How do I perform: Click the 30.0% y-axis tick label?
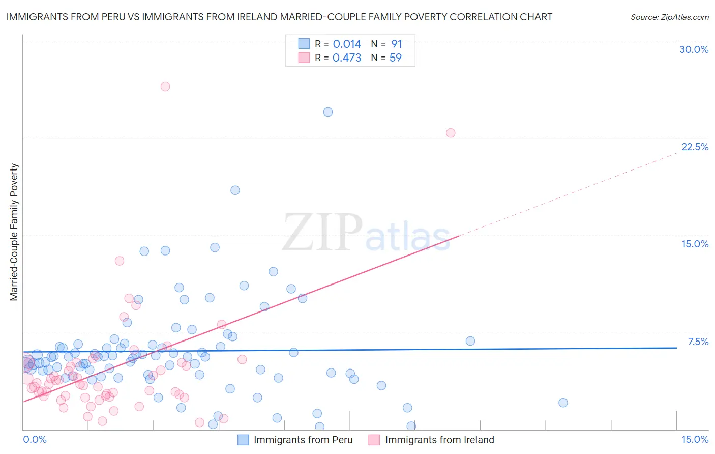(x=694, y=49)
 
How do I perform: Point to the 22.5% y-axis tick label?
(x=695, y=147)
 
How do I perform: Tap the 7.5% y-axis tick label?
(x=698, y=342)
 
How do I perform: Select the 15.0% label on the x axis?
(x=695, y=439)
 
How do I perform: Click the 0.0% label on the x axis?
(x=35, y=439)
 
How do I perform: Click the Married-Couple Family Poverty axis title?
(x=14, y=232)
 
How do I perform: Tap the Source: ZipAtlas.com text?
(x=669, y=17)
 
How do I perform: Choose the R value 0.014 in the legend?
(x=347, y=44)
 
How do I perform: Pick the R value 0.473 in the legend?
(x=347, y=58)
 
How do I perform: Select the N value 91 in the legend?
(x=397, y=44)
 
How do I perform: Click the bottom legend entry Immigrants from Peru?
(x=303, y=440)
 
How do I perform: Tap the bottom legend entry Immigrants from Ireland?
(x=439, y=440)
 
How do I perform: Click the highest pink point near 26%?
(x=165, y=87)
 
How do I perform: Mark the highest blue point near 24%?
(x=328, y=112)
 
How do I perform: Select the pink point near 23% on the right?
(x=451, y=133)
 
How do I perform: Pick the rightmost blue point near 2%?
(x=563, y=403)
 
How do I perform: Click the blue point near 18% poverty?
(x=235, y=190)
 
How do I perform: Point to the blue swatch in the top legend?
(x=304, y=44)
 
